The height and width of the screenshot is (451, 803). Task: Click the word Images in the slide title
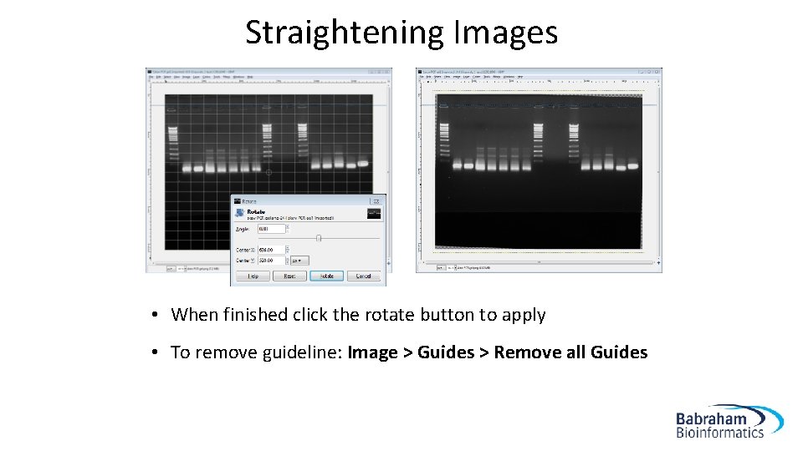(505, 33)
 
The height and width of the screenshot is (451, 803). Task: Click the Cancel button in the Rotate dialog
(364, 276)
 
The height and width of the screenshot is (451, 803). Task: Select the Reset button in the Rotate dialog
(289, 276)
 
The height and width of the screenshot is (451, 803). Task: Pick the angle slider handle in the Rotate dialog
(319, 238)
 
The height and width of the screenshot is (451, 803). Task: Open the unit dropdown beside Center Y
(297, 260)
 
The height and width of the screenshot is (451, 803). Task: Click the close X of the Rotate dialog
(381, 200)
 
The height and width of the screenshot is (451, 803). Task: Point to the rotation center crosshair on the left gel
(269, 173)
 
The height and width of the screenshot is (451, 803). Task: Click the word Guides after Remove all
(619, 352)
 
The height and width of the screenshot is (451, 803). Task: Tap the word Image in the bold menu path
(372, 352)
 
